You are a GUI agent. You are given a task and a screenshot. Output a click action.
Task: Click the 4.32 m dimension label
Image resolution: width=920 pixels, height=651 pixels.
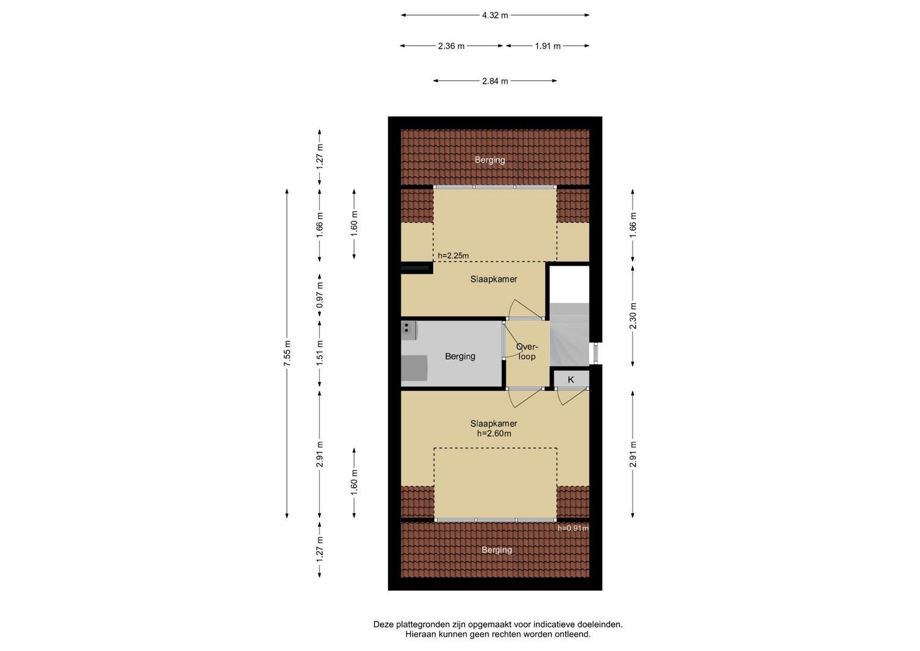(495, 15)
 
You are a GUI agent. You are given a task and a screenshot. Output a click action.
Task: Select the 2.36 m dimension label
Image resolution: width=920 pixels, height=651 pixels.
(451, 46)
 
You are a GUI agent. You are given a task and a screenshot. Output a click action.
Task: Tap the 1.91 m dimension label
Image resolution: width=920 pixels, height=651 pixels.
(548, 46)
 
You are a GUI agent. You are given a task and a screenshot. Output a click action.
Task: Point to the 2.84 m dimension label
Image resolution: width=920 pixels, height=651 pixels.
(495, 81)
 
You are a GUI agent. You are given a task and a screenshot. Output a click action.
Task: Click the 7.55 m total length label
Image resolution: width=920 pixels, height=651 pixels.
(287, 353)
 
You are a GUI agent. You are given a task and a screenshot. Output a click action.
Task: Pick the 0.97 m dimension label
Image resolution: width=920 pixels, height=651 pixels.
(320, 295)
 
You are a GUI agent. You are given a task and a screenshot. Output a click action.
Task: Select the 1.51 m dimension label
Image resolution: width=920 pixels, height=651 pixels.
(320, 353)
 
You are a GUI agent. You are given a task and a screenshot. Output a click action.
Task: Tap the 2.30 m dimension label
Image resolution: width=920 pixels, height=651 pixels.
(633, 316)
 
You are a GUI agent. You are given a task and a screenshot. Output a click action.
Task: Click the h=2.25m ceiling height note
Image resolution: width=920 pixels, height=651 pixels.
(453, 256)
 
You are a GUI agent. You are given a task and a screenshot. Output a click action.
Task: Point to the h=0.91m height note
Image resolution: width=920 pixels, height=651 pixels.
(573, 528)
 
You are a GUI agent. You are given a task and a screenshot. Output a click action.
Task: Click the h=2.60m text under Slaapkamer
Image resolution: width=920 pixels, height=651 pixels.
(494, 433)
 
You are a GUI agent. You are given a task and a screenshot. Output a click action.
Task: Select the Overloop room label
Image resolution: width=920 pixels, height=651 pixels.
(527, 351)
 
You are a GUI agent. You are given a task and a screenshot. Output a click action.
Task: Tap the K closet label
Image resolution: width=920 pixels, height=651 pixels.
(571, 380)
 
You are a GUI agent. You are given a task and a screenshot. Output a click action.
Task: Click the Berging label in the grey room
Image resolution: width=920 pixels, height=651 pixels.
(460, 356)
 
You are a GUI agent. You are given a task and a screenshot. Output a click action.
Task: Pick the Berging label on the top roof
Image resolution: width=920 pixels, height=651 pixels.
(490, 160)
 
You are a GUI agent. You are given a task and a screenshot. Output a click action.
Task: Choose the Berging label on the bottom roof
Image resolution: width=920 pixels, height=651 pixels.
(497, 550)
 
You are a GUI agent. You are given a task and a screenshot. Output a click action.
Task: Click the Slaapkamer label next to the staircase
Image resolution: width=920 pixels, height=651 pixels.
(493, 280)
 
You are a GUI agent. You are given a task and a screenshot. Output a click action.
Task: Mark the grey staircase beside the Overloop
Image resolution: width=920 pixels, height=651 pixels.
(569, 334)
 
